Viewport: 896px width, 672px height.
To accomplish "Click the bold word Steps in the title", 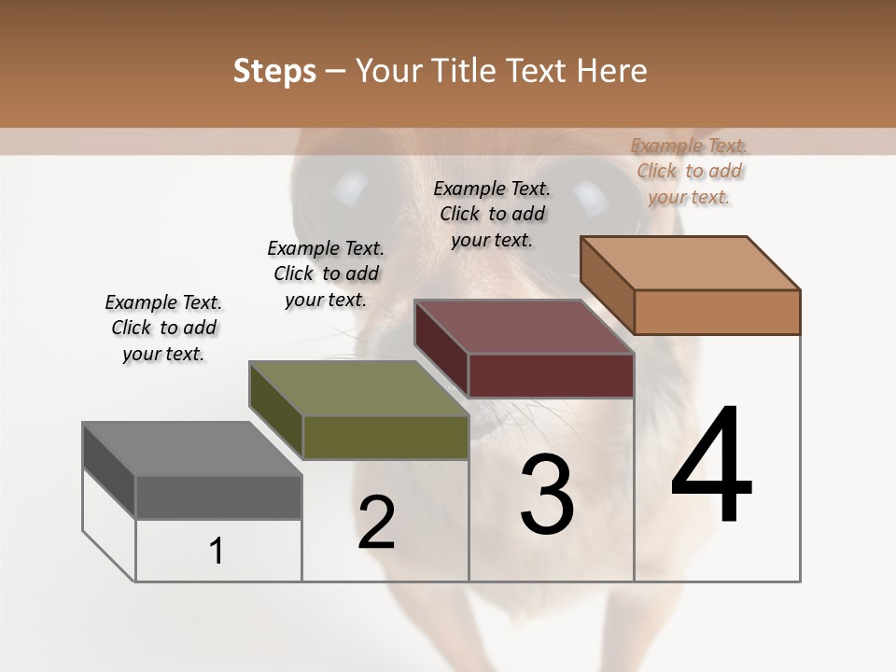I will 274,71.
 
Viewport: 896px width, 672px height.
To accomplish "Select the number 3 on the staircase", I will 546,494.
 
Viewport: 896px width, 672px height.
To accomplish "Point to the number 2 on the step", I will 376,522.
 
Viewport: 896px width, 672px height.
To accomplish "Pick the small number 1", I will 217,551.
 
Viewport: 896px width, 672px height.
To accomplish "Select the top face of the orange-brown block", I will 691,263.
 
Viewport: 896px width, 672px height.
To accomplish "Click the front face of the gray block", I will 218,497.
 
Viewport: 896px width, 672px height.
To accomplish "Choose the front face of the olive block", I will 385,437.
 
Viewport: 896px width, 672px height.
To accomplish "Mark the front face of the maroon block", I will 551,375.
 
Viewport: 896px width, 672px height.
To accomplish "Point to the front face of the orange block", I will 717,312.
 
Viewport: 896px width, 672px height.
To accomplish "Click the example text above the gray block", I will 163,328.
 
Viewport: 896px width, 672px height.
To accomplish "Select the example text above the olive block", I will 326,273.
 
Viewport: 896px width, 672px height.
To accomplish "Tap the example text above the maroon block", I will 492,214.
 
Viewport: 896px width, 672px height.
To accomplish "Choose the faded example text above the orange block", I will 689,171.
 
